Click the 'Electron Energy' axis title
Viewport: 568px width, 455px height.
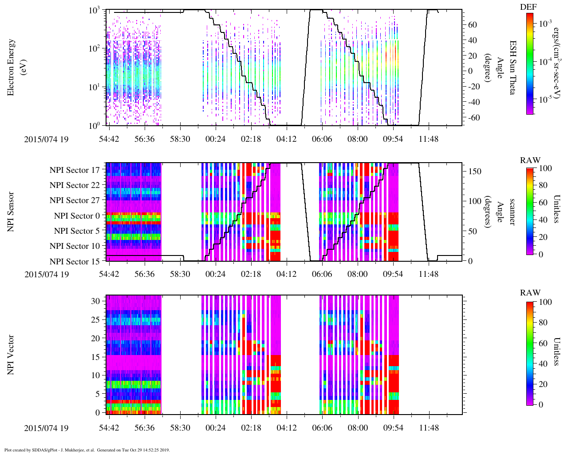point(12,67)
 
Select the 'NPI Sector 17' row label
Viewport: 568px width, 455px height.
point(75,170)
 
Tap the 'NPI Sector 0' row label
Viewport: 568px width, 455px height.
point(77,216)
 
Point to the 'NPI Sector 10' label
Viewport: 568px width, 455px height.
point(75,246)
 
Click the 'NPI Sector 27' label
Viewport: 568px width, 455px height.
point(75,200)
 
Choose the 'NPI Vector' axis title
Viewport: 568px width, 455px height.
point(11,355)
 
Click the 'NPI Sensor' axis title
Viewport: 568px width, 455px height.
point(11,212)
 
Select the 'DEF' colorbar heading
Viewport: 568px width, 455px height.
point(528,8)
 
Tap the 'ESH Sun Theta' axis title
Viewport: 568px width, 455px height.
point(513,67)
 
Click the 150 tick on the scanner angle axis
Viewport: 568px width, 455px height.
point(475,172)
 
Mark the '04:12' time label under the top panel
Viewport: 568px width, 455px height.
point(287,139)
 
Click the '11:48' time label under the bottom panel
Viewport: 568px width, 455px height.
point(429,428)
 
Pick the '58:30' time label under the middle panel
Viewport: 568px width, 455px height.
point(180,274)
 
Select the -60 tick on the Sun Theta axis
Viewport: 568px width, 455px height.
point(473,117)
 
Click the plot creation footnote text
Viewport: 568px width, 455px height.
point(87,450)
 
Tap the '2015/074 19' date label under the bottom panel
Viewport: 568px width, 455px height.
point(47,428)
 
